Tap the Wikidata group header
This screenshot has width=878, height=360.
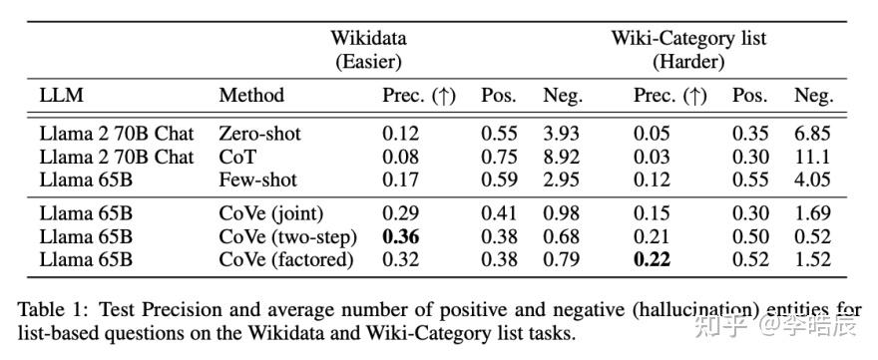pos(369,38)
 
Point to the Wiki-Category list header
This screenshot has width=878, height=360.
pos(688,38)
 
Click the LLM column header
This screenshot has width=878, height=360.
pos(63,96)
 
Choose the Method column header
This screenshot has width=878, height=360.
pos(251,96)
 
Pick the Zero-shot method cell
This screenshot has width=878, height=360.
pos(260,134)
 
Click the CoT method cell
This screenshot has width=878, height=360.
pos(236,157)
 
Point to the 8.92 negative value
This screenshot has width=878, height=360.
pos(561,157)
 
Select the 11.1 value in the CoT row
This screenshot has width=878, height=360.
pos(813,157)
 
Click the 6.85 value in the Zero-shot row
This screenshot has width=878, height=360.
pos(813,134)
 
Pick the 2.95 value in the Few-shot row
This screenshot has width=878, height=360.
pos(561,180)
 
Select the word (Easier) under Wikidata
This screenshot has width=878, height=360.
pos(369,61)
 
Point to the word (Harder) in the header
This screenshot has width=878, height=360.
pos(688,61)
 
